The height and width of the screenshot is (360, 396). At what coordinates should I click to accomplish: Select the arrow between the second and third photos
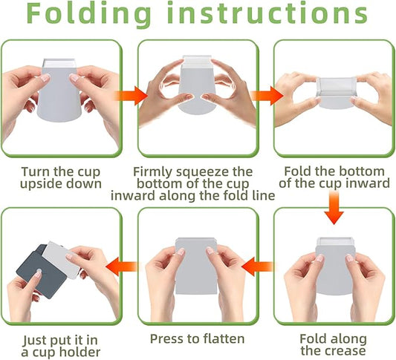266,96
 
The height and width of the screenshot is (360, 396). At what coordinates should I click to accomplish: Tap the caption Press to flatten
197,339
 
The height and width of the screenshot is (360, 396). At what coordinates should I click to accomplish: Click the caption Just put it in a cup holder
61,344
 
